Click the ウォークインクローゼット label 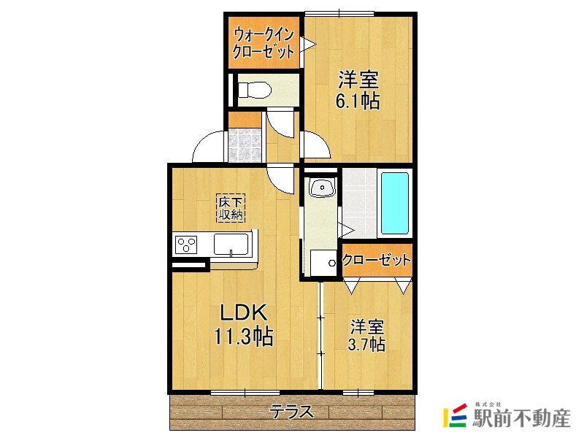[x=264, y=42]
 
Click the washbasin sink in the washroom [x=321, y=188]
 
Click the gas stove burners [x=187, y=245]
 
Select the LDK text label [x=246, y=314]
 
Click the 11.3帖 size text [x=244, y=337]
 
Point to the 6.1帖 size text [x=358, y=101]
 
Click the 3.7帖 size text [x=367, y=345]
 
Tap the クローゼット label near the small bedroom [x=376, y=261]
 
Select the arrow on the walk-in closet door [x=309, y=45]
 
